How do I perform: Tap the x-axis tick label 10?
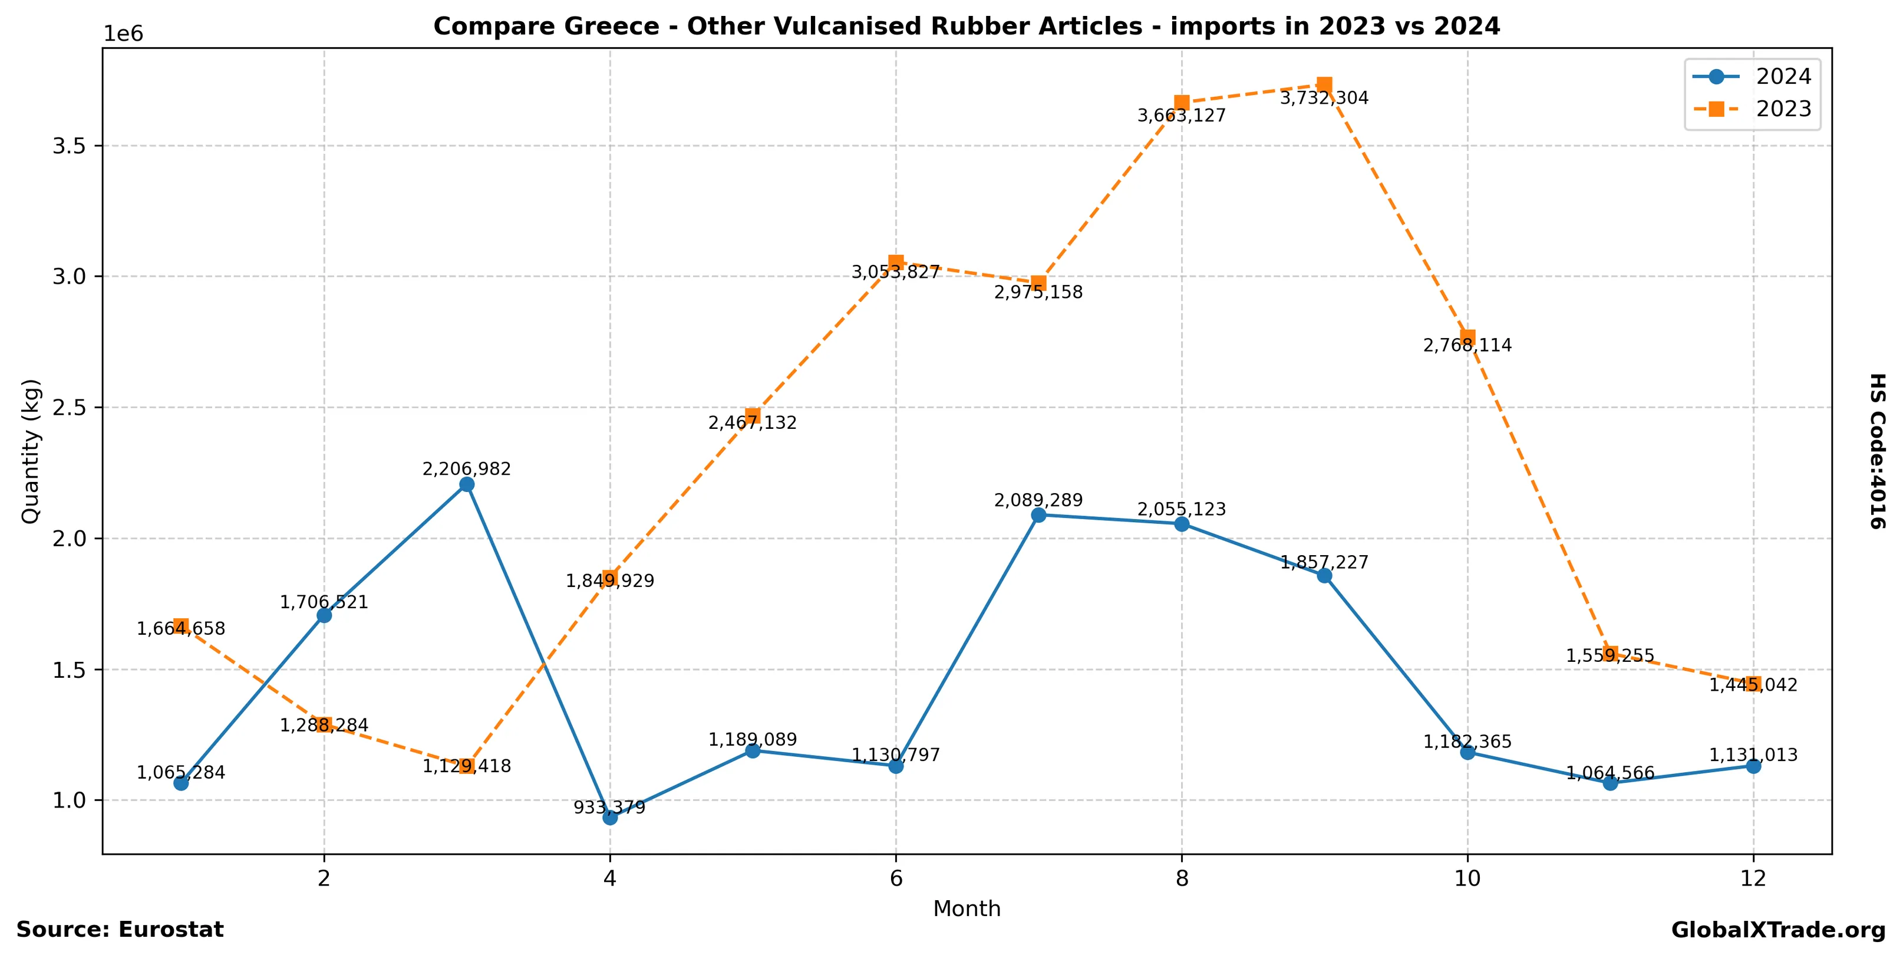pyautogui.click(x=1467, y=878)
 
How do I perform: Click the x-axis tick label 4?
pyautogui.click(x=609, y=878)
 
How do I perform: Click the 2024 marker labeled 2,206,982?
pyautogui.click(x=467, y=484)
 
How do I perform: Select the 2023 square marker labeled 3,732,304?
pyautogui.click(x=1325, y=84)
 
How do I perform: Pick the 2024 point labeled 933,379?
pyautogui.click(x=610, y=817)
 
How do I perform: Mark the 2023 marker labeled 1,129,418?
pyautogui.click(x=467, y=766)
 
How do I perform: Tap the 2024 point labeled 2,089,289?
pyautogui.click(x=1038, y=514)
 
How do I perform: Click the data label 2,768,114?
pyautogui.click(x=1467, y=345)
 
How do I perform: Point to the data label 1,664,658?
pyautogui.click(x=181, y=629)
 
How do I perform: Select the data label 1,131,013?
pyautogui.click(x=1753, y=754)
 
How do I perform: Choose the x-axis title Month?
pyautogui.click(x=967, y=908)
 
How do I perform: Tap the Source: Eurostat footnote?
pyautogui.click(x=120, y=930)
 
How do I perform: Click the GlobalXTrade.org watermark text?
pyautogui.click(x=1778, y=930)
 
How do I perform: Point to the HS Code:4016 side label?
pyautogui.click(x=1878, y=451)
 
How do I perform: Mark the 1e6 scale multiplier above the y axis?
pyautogui.click(x=123, y=34)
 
